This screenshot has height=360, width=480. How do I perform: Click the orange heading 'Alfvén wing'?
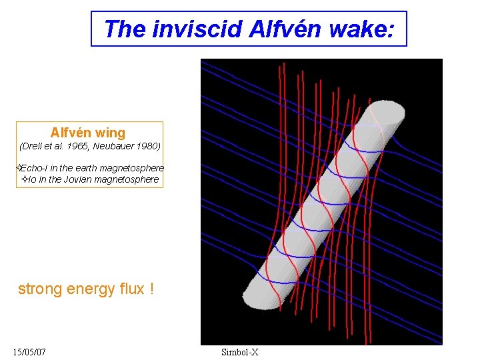[88, 133]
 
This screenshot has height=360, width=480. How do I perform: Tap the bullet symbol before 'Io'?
[25, 179]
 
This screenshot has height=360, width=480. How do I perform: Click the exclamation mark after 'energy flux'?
[152, 289]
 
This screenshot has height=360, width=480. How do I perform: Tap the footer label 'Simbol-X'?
[239, 351]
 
